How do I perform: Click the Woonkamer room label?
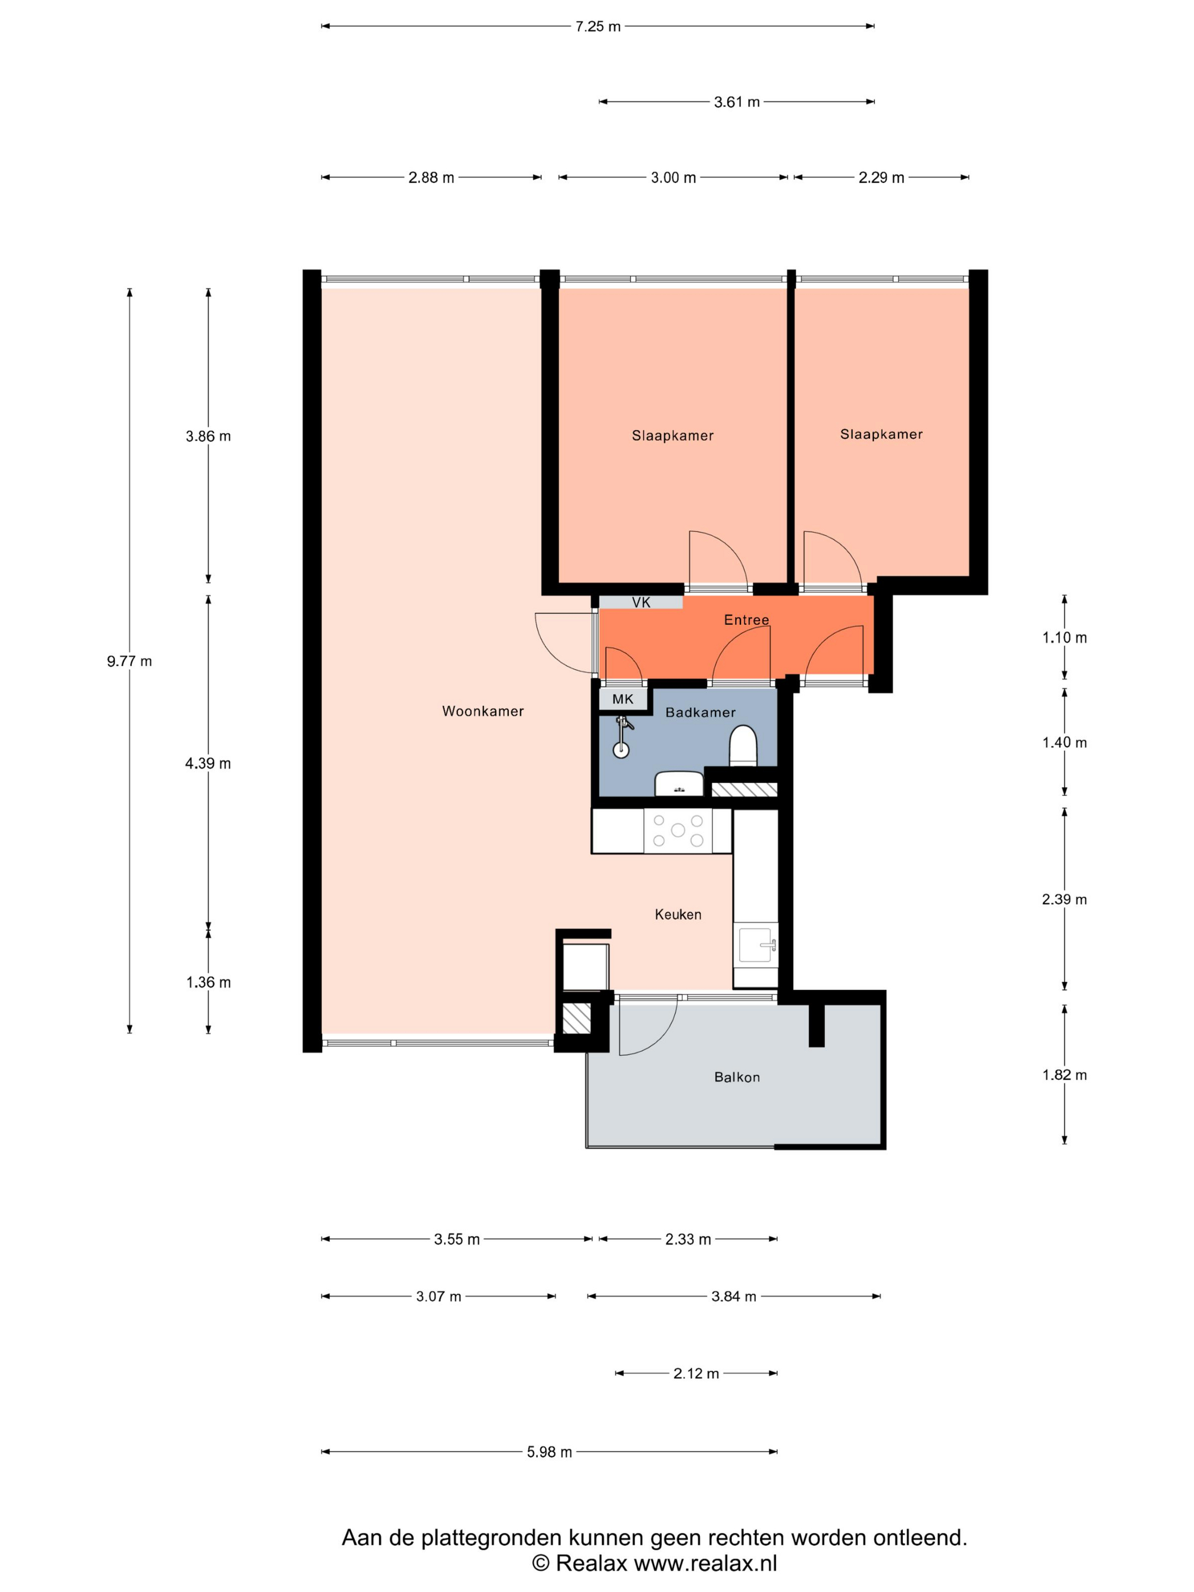(x=482, y=711)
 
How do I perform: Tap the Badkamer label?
(x=700, y=712)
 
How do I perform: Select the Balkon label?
(x=737, y=1077)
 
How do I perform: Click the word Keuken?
(x=678, y=914)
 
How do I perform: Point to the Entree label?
(x=747, y=620)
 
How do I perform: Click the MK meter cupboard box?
(x=623, y=699)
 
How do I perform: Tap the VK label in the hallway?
(x=641, y=602)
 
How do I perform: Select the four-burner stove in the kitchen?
(x=678, y=831)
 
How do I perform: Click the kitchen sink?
(x=756, y=945)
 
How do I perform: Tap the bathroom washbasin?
(x=679, y=783)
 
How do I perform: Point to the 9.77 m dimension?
(x=130, y=661)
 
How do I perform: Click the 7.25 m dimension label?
(x=598, y=27)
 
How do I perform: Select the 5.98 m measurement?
(x=549, y=1452)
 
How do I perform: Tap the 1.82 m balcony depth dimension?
(x=1064, y=1075)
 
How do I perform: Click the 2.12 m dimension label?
(x=696, y=1373)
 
